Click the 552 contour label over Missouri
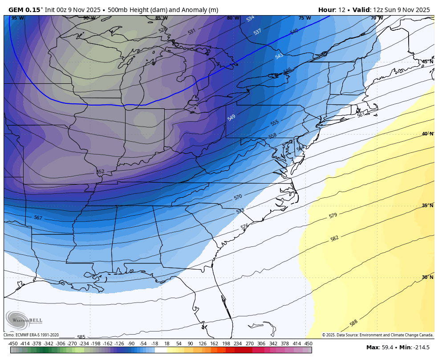pyautogui.click(x=100, y=172)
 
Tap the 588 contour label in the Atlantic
pyautogui.click(x=353, y=323)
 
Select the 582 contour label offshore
pyautogui.click(x=334, y=239)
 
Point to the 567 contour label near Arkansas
pyautogui.click(x=38, y=218)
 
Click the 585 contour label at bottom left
pyautogui.click(x=81, y=337)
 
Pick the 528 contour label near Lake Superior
pyautogui.click(x=162, y=30)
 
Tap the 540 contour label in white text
pyautogui.click(x=294, y=32)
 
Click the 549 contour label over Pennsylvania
pyautogui.click(x=231, y=118)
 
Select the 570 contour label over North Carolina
pyautogui.click(x=238, y=196)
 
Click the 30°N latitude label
pyautogui.click(x=427, y=277)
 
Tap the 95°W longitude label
pyautogui.click(x=18, y=18)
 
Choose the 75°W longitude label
pyautogui.click(x=304, y=18)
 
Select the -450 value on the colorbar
pyautogui.click(x=13, y=344)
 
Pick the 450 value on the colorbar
pyautogui.click(x=308, y=344)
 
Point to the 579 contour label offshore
pyautogui.click(x=333, y=216)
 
